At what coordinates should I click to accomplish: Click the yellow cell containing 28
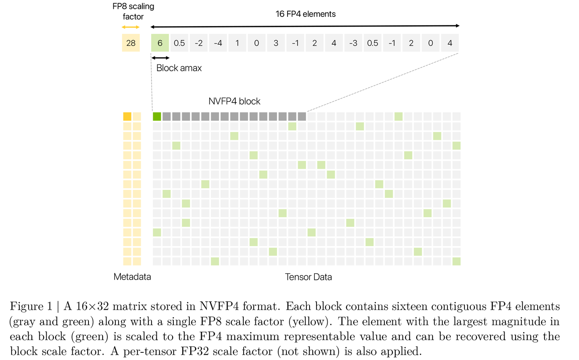click(x=131, y=43)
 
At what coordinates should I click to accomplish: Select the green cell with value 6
click(x=160, y=43)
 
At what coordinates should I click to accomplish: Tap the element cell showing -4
click(x=218, y=43)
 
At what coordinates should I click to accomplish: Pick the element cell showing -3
click(x=353, y=43)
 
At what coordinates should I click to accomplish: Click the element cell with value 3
click(x=276, y=43)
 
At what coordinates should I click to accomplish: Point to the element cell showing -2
click(x=199, y=43)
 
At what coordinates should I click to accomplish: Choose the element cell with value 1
click(x=237, y=43)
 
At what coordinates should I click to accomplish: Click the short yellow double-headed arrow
click(x=131, y=27)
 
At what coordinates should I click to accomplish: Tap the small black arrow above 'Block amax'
click(x=160, y=58)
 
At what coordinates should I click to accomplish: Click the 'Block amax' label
click(x=179, y=68)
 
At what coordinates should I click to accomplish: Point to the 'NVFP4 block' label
click(x=234, y=101)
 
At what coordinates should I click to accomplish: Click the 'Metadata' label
click(x=132, y=277)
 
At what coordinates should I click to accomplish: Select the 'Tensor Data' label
click(x=308, y=277)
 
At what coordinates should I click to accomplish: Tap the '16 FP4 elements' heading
click(x=306, y=14)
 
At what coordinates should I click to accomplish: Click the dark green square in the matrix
click(x=157, y=117)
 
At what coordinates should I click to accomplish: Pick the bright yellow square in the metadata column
click(x=127, y=117)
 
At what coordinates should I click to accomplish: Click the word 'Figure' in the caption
click(x=27, y=307)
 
